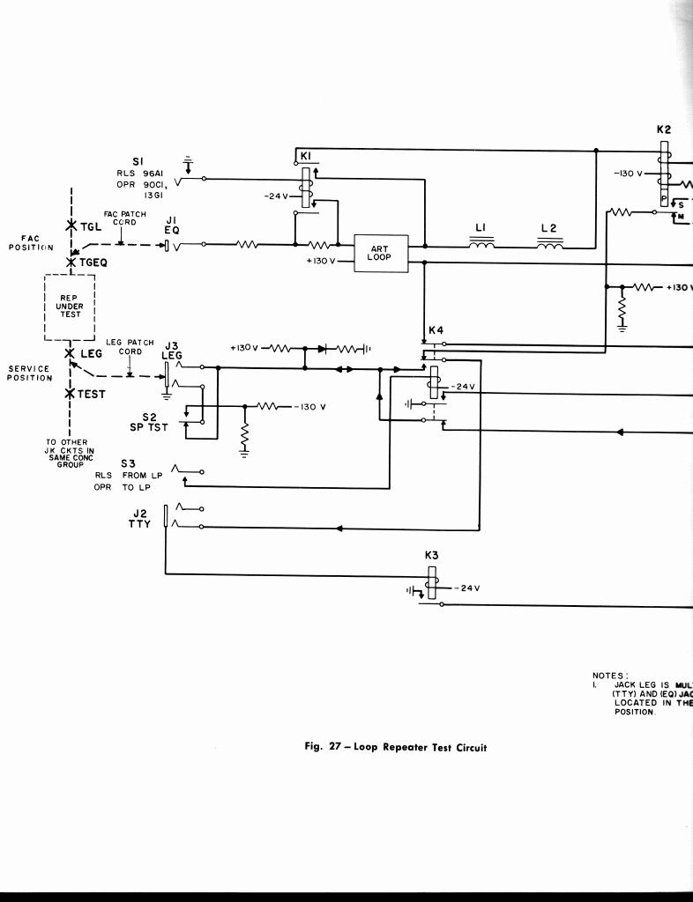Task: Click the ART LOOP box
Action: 379,253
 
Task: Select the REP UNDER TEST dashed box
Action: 70,307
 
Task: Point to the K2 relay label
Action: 664,129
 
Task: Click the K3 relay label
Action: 431,556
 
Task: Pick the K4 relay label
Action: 436,330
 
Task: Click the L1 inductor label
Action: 481,228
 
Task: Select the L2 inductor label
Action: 548,228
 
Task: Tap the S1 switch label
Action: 138,161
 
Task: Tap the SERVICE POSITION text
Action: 30,373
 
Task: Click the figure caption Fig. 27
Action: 395,748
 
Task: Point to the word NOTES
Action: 609,676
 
